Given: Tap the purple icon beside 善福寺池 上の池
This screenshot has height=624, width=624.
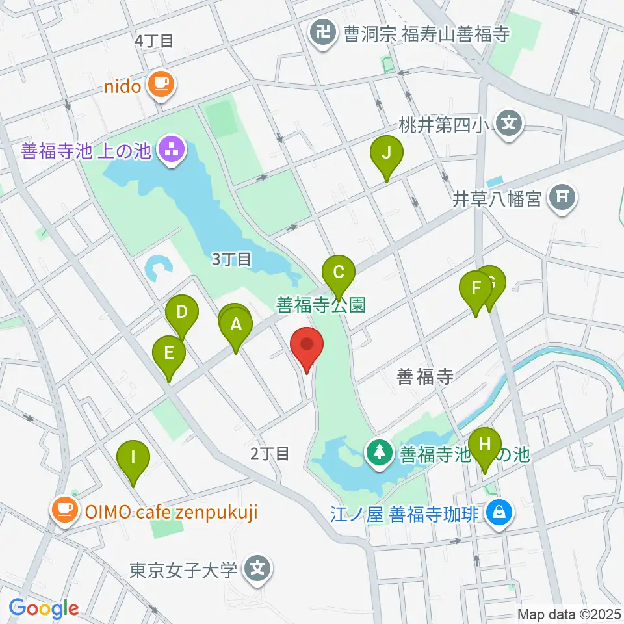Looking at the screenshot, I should pos(172,151).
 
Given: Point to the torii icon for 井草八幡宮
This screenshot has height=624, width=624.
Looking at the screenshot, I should pos(562,197).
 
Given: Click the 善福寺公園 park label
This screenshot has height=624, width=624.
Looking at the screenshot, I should pos(321,305).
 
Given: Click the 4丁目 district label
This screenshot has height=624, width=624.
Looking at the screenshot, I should pos(154,41).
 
